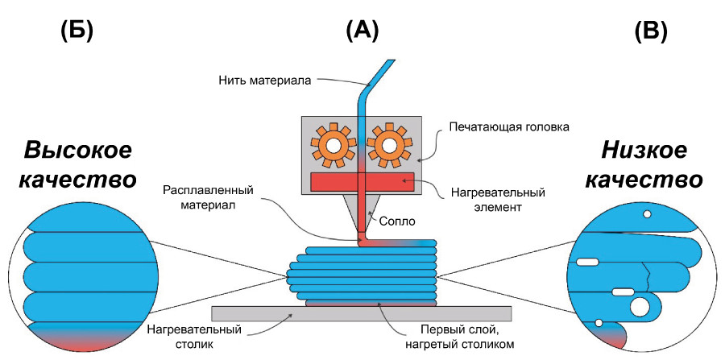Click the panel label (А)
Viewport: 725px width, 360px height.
pyautogui.click(x=361, y=31)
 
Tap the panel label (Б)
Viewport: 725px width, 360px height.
pyautogui.click(x=77, y=31)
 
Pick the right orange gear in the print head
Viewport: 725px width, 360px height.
pyautogui.click(x=388, y=145)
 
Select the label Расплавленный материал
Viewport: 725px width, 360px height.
pyautogui.click(x=208, y=198)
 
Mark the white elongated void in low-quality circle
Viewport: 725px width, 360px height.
pyautogui.click(x=585, y=261)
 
